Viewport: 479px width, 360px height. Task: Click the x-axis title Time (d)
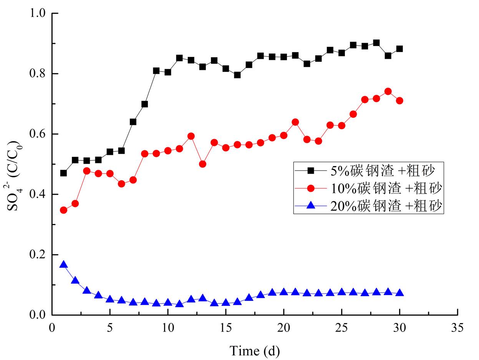tap(254, 351)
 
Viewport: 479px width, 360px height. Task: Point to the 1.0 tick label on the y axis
tap(37, 13)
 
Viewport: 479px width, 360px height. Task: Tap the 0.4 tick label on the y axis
tap(37, 194)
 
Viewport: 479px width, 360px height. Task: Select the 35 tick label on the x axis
tap(457, 328)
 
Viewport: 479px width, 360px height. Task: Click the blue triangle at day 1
tap(64, 264)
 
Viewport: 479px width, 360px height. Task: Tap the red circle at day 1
tap(64, 210)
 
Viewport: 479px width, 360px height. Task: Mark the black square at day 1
tap(64, 173)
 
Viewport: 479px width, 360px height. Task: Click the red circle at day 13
tap(203, 164)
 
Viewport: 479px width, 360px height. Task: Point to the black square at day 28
tap(376, 43)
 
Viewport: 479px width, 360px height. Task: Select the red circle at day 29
tap(388, 91)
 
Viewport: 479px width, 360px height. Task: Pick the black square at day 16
tap(237, 75)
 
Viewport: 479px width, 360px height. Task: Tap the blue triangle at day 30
tap(399, 293)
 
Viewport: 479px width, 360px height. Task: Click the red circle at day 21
tap(295, 122)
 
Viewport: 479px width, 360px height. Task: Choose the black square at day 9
tap(156, 71)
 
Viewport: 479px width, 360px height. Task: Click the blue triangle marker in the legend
tap(311, 206)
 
